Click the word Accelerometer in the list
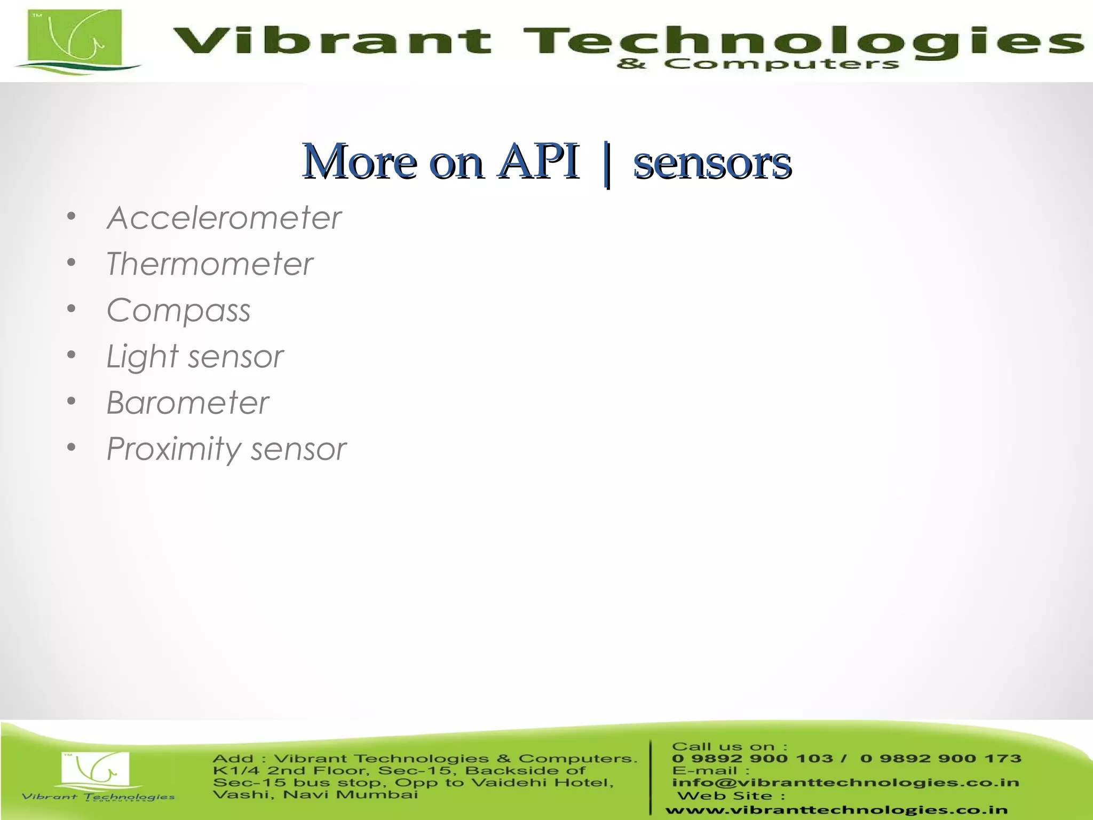[x=224, y=218]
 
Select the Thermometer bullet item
[x=209, y=264]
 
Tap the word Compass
[x=178, y=310]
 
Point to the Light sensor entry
[x=195, y=357]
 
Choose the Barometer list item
[x=187, y=403]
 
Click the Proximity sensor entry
[x=226, y=448]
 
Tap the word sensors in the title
[x=712, y=162]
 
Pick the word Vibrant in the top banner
[x=331, y=41]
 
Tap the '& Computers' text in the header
[x=757, y=65]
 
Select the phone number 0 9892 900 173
[x=940, y=759]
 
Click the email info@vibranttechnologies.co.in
[x=845, y=783]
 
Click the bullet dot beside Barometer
[x=72, y=401]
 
